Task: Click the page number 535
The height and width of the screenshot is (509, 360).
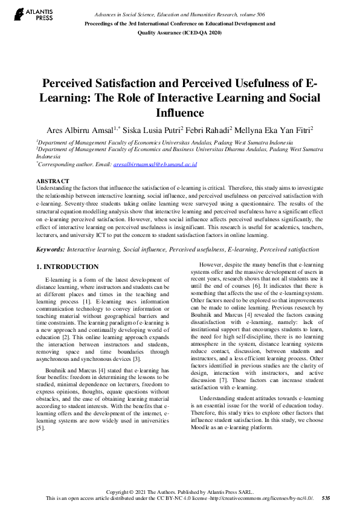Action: point(326,498)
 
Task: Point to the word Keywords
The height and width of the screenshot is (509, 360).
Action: point(50,249)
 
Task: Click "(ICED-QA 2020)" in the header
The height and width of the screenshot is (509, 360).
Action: point(211,34)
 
